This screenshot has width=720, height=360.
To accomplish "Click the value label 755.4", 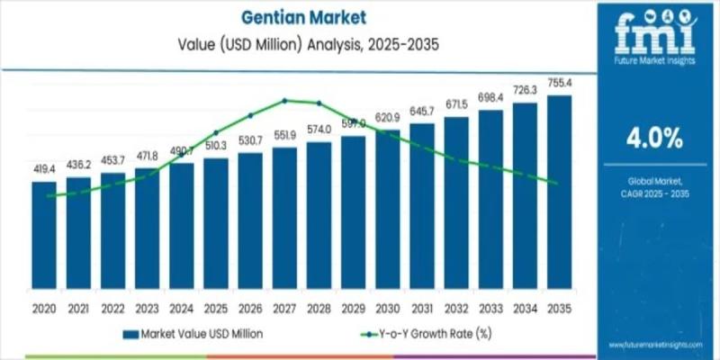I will pyautogui.click(x=559, y=84).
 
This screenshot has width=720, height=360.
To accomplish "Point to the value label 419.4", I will pyautogui.click(x=44, y=168).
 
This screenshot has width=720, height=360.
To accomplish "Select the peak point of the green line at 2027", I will pyautogui.click(x=284, y=100).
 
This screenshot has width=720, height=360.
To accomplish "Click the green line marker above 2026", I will pyautogui.click(x=250, y=115).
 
